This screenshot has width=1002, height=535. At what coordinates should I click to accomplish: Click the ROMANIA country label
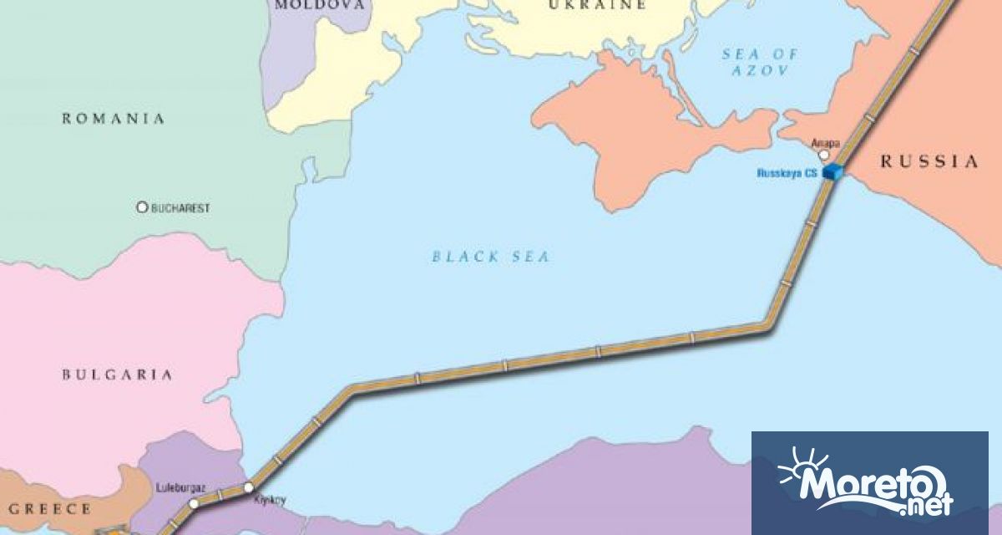(x=114, y=119)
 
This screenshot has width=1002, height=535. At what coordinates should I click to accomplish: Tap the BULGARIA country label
(x=118, y=375)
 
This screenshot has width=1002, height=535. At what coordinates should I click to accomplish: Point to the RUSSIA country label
(x=929, y=162)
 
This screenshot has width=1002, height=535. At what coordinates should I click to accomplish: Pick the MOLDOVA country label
(x=321, y=5)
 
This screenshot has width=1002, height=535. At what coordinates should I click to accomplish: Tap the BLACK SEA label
(x=491, y=257)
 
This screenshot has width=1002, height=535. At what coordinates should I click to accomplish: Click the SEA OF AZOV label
(x=759, y=63)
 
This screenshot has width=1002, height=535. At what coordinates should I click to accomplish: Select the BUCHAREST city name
(x=180, y=207)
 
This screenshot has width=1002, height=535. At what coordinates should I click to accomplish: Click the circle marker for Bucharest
(x=142, y=207)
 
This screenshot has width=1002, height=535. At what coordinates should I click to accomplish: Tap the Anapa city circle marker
(x=824, y=155)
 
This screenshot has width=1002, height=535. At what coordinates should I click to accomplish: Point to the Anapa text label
(x=826, y=143)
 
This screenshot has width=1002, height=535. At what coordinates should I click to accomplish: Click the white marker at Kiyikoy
(x=248, y=487)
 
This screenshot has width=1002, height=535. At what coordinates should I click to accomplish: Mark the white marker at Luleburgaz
(x=194, y=503)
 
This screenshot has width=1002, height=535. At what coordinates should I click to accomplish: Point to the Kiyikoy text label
(x=269, y=500)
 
